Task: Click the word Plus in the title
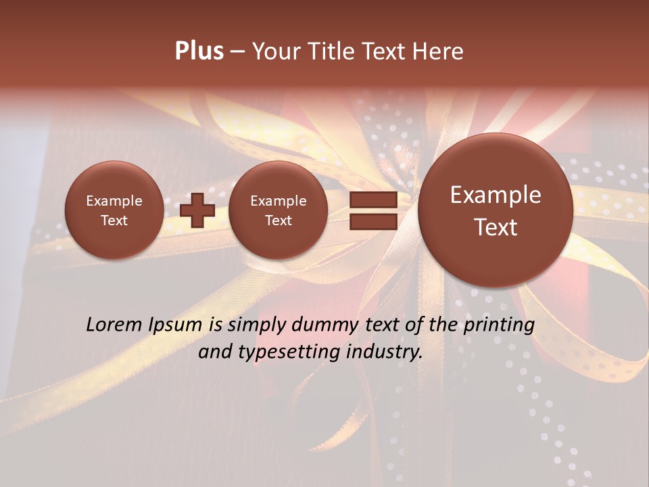tap(199, 51)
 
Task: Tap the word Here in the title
tap(439, 51)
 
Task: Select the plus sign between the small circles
tap(197, 210)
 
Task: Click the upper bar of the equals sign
tap(372, 200)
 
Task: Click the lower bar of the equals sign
tap(372, 221)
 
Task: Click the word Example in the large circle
tap(496, 195)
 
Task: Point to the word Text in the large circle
tap(496, 227)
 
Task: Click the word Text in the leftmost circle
tap(114, 221)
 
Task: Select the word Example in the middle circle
tap(278, 201)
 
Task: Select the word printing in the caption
tap(498, 325)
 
